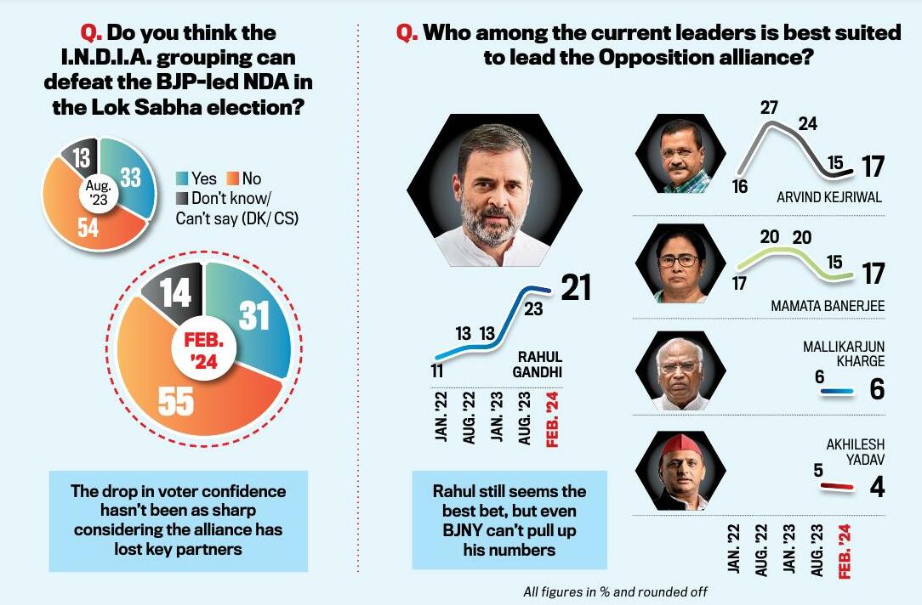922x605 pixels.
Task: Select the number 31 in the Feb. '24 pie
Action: click(253, 316)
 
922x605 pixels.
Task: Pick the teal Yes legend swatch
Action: click(181, 178)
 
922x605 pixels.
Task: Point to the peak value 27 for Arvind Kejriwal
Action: click(770, 108)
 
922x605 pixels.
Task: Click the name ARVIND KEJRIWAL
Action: click(828, 197)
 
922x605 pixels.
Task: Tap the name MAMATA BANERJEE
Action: click(827, 304)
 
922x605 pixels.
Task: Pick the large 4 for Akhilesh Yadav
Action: click(877, 487)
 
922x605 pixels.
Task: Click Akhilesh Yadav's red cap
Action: click(684, 444)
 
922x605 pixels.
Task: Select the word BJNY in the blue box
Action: click(463, 531)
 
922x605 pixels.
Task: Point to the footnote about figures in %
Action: click(615, 591)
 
